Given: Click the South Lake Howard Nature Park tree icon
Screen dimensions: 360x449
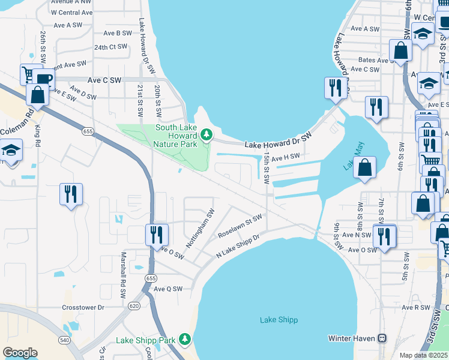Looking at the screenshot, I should (207, 133).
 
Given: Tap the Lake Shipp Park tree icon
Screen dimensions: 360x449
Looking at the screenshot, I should (186, 340).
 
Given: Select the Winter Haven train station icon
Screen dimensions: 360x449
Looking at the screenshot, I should (381, 338).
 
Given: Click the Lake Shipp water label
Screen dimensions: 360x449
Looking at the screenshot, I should (279, 320).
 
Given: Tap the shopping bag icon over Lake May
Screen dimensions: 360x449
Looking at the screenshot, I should (364, 168).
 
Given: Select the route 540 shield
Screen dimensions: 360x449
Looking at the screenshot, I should (64, 340).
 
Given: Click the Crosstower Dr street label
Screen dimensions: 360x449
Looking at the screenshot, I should (83, 307).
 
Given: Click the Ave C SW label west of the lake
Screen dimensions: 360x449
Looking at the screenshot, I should (104, 80).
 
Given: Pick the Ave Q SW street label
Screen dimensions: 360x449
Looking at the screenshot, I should (168, 289).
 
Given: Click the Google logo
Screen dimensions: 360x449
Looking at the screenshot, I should (20, 353).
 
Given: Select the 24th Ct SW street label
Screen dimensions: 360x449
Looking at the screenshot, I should (110, 47).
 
